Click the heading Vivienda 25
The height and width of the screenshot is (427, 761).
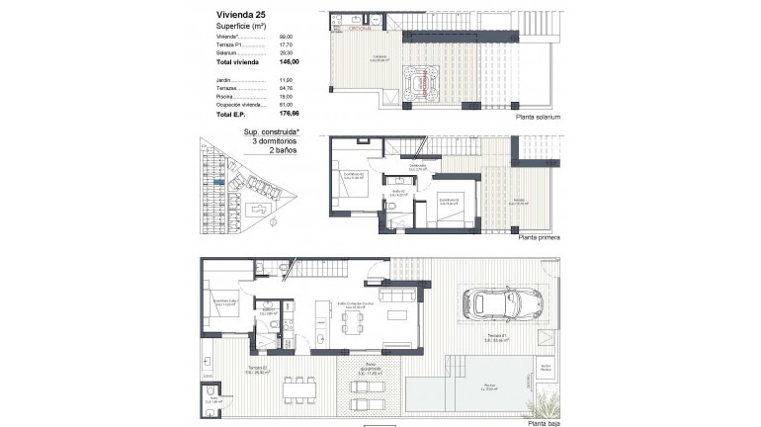(x=240, y=14)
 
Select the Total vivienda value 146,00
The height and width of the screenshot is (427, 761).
(x=290, y=62)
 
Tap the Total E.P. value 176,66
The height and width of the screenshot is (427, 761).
(x=290, y=113)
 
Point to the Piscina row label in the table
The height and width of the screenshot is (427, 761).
(x=224, y=96)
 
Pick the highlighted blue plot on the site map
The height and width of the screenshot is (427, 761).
(x=218, y=182)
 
